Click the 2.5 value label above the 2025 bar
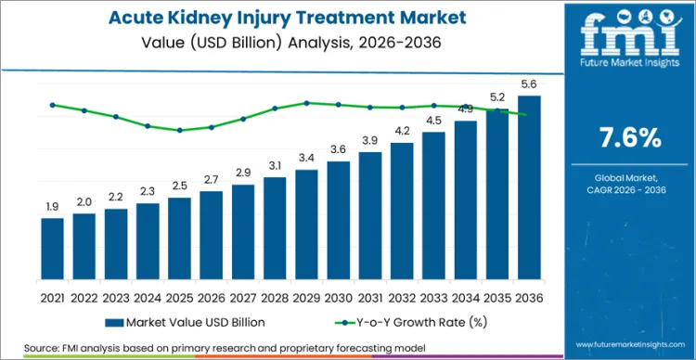click(180, 186)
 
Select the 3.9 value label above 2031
click(370, 141)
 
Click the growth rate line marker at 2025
click(180, 130)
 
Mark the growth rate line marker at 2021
click(53, 105)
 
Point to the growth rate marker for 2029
click(307, 103)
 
